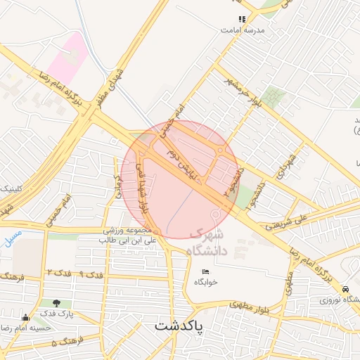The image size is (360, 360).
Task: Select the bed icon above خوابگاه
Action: click(x=205, y=271)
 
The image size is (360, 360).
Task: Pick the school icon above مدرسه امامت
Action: click(x=242, y=20)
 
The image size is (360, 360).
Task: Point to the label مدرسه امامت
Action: click(x=242, y=31)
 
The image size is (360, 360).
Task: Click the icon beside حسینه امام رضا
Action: click(x=26, y=318)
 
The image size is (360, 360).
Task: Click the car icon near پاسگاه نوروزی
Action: click(x=345, y=289)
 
